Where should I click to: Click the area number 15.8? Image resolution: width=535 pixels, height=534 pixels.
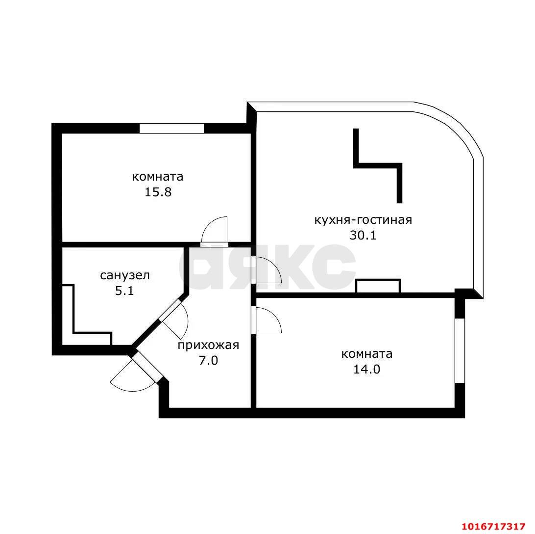[158, 192]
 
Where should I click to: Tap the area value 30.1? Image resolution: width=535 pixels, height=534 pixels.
[363, 235]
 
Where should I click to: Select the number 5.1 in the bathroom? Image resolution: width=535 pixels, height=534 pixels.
[124, 291]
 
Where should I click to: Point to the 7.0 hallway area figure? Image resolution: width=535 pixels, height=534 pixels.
[209, 360]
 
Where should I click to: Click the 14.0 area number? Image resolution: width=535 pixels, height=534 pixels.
[366, 369]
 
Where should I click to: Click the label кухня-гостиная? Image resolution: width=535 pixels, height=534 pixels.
[363, 220]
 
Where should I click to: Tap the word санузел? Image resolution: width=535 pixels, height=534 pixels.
[125, 275]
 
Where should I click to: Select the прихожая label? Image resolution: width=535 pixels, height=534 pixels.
[208, 346]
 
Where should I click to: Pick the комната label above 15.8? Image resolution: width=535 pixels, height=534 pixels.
[158, 177]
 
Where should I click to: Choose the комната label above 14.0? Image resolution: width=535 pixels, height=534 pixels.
[367, 354]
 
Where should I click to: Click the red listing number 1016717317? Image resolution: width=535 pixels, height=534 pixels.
[493, 526]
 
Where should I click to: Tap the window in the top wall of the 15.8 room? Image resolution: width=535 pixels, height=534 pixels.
[171, 128]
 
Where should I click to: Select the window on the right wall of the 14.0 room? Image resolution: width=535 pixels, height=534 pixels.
[460, 350]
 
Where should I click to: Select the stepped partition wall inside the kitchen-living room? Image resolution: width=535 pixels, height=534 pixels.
[378, 166]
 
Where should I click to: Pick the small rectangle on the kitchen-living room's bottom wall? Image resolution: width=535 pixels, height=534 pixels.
[378, 286]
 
